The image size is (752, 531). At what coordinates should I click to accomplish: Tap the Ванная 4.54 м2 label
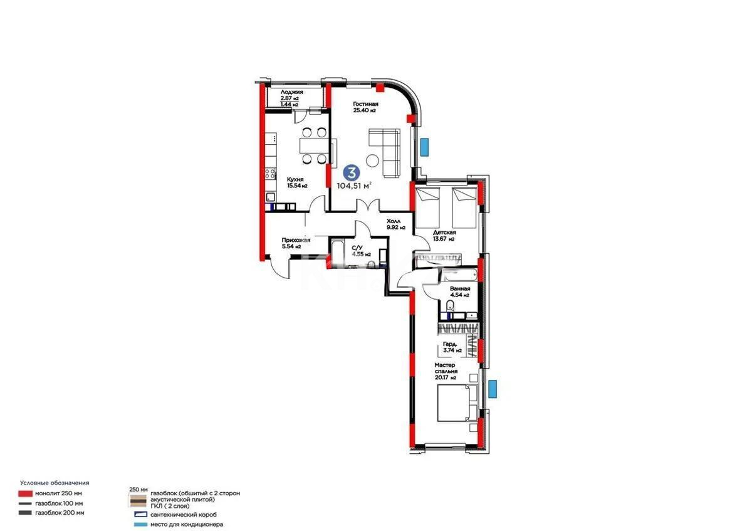click(x=459, y=292)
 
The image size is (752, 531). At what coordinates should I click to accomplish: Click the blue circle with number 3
click(x=353, y=172)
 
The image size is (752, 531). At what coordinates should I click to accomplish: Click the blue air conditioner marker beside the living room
click(x=425, y=147)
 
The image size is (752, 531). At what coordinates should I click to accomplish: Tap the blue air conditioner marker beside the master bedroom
click(x=494, y=389)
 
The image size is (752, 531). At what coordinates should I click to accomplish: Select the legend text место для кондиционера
click(x=187, y=524)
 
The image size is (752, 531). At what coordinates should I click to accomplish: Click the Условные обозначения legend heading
click(x=55, y=483)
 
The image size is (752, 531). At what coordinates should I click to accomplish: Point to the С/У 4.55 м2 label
click(x=361, y=251)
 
